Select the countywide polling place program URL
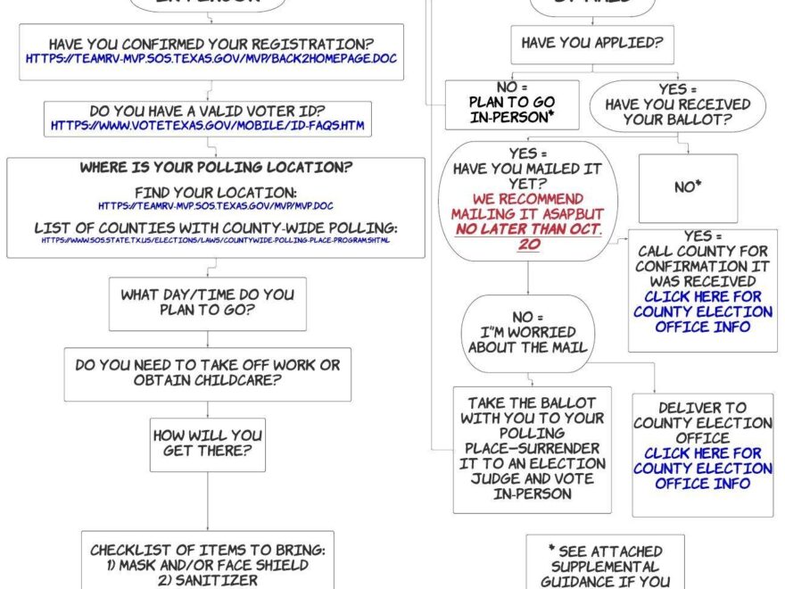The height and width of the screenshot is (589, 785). pos(215,240)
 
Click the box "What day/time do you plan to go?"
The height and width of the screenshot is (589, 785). pos(208,303)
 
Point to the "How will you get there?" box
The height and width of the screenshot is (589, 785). pos(208,444)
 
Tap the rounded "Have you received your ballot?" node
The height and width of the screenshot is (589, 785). pos(678,105)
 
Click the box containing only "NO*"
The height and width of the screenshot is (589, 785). pos(688,187)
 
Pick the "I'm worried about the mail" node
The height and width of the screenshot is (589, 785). pos(528,332)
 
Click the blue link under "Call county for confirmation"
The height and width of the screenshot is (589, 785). pos(703,311)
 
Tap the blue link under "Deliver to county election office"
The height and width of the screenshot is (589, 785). pos(702,469)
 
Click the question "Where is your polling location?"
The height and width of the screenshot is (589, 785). pos(216,167)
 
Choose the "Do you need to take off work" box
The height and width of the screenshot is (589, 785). pos(208,373)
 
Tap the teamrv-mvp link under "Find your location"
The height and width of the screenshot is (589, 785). pos(216,206)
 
